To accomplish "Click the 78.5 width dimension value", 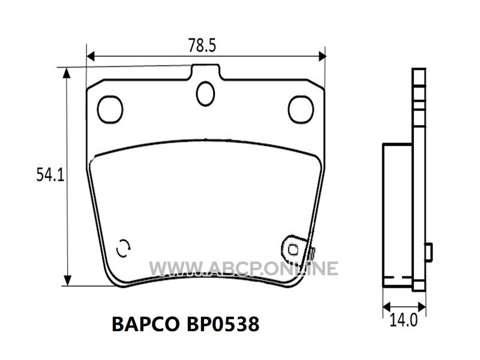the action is point(202,45).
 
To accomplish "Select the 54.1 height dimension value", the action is point(50,175).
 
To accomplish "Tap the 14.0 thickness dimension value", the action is point(403,320).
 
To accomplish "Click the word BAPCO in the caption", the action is point(146,324).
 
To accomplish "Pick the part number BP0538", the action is point(223,324).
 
